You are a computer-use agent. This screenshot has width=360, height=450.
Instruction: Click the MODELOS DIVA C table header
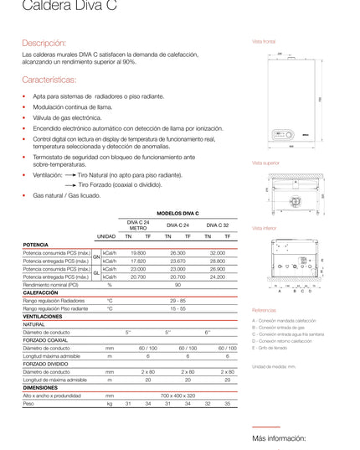point(178,214)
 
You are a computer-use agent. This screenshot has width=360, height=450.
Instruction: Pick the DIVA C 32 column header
point(217,225)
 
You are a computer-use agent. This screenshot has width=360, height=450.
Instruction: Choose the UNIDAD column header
point(106,236)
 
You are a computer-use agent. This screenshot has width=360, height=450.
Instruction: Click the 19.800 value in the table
point(138,252)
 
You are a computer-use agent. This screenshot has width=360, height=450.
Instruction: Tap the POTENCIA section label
point(35,244)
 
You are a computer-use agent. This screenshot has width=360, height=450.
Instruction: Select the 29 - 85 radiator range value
point(177,299)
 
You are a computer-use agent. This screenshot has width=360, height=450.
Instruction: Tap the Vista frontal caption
point(264,40)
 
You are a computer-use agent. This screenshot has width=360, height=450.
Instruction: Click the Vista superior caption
point(265,163)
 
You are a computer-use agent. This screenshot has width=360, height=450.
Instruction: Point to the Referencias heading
point(265,309)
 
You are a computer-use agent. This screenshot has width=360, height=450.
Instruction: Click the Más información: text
point(280,438)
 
